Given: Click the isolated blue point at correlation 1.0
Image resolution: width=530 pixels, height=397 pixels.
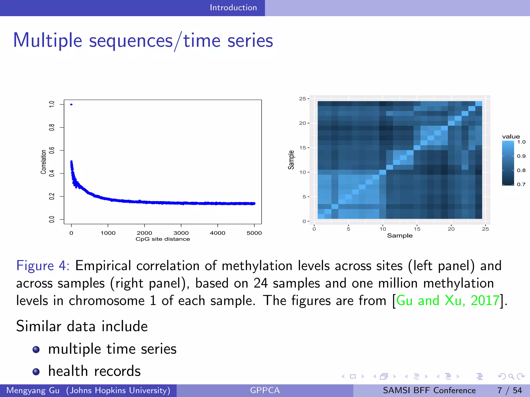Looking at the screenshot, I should (71, 104).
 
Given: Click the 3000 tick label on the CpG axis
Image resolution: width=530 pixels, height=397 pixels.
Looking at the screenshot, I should (181, 233).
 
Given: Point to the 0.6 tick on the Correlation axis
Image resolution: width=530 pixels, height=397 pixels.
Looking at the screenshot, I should (52, 150).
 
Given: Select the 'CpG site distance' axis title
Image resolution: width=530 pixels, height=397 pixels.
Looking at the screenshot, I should (163, 239).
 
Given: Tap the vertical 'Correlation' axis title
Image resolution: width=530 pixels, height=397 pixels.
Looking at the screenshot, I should (43, 162).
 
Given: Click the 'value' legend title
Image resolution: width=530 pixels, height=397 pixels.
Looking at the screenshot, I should (511, 136).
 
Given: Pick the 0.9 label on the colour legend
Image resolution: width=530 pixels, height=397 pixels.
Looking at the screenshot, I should (521, 156).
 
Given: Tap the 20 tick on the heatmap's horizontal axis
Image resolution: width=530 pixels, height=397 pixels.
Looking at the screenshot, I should (451, 229).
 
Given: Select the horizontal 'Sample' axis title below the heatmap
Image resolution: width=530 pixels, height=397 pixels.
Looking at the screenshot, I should (400, 235).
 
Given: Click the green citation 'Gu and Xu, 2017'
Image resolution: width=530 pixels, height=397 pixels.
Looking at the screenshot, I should (448, 301).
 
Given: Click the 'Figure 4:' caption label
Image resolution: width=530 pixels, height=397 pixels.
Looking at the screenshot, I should (43, 266).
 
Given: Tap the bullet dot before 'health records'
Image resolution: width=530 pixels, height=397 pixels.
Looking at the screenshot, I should (36, 372).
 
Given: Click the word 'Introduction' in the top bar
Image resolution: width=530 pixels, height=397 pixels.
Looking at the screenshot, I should (233, 7).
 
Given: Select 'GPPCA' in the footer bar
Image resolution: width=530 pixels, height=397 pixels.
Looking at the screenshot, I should (265, 390).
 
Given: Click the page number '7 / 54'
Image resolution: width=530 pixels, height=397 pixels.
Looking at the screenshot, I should (509, 390).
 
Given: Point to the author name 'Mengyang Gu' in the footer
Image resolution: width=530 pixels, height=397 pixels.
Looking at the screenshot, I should (33, 390).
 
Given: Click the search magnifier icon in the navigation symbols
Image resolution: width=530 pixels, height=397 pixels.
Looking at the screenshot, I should (511, 376).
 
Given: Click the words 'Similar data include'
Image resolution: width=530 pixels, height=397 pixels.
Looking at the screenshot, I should (82, 326).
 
